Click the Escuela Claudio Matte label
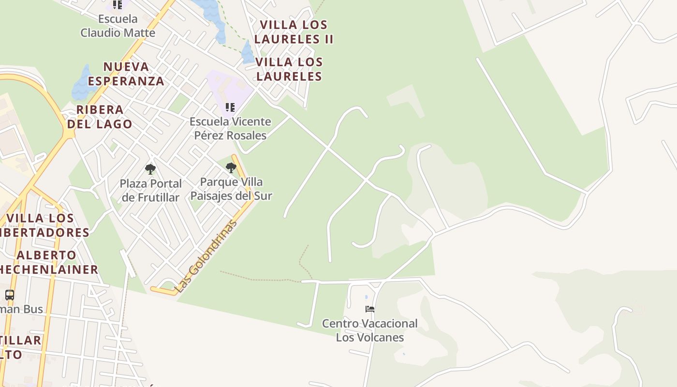tap(118, 26)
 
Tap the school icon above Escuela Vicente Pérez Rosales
tap(230, 107)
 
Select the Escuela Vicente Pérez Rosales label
tap(230, 128)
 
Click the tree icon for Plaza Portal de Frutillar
tap(150, 169)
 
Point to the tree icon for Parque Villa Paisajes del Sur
tap(231, 168)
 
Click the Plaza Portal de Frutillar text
tap(150, 191)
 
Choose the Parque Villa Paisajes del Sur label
tap(231, 189)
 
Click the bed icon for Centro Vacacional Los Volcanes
tap(370, 309)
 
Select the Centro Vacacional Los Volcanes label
tap(370, 330)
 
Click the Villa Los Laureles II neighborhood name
tap(294, 32)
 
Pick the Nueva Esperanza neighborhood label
tap(126, 74)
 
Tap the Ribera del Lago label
tap(100, 117)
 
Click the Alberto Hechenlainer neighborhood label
tap(48, 262)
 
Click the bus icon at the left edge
tap(9, 295)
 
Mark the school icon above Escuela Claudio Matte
tap(118, 5)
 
